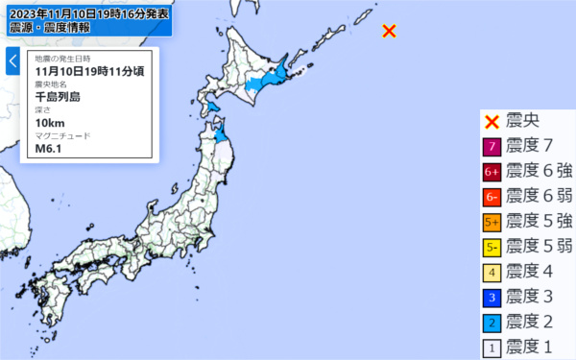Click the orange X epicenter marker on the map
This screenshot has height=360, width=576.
pos(389,31)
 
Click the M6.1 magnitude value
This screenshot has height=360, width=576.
pos(47,148)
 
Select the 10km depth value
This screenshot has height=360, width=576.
pos(48,123)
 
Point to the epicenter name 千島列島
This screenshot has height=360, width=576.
pos(58,96)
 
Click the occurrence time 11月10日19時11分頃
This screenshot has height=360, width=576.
pos(88,71)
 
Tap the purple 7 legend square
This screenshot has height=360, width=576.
pos(491,147)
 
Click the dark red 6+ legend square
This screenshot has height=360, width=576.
pos(491,172)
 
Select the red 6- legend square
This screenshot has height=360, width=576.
pos(491,197)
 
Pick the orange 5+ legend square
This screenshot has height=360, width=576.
pos(491,222)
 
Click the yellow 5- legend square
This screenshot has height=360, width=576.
pos(491,247)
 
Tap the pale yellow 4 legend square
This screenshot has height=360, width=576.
pos(491,272)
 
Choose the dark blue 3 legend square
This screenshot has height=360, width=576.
pos(491,297)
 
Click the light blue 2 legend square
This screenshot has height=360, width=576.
pos(491,322)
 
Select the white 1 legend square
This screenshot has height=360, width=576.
pos(491,347)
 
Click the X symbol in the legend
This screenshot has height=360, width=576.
pos(491,122)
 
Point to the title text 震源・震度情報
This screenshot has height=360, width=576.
pos(50,28)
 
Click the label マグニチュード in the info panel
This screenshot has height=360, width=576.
pos(62,136)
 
